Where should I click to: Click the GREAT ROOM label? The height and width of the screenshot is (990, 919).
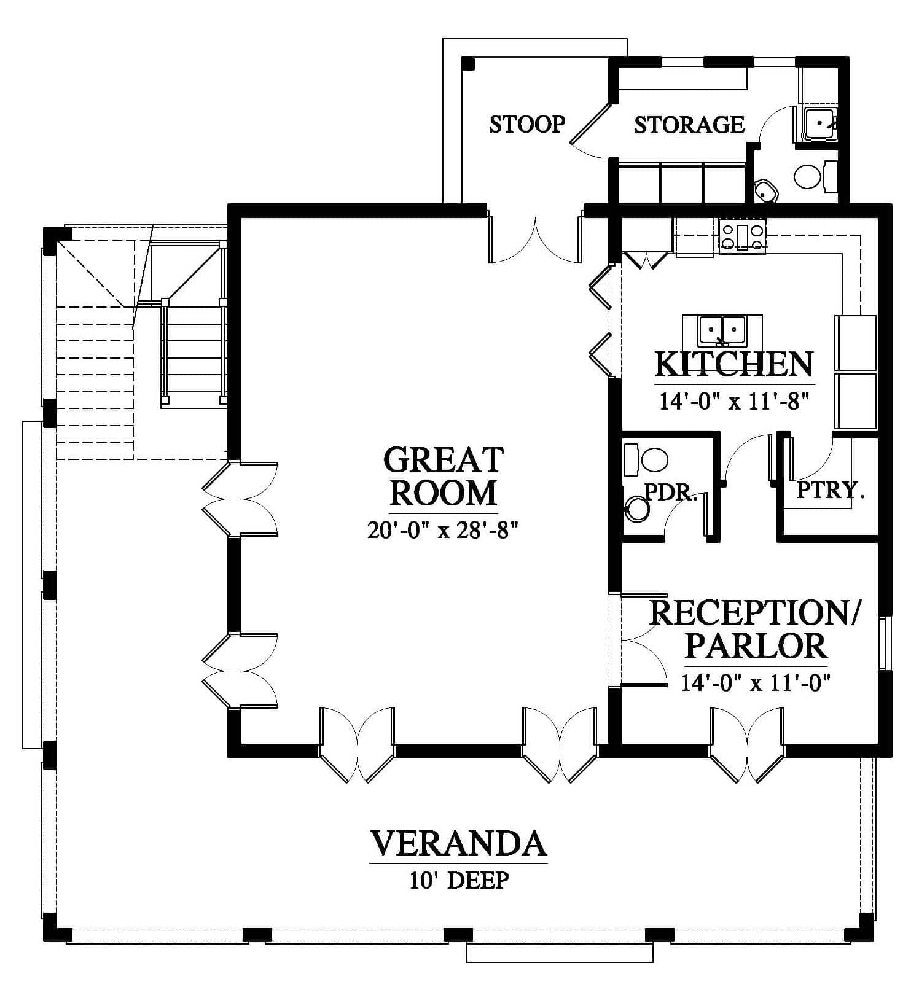[444, 476]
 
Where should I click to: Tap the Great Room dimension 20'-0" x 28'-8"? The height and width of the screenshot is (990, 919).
[444, 529]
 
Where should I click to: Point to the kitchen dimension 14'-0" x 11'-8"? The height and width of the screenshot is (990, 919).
[734, 401]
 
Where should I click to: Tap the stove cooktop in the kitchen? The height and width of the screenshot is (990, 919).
[743, 236]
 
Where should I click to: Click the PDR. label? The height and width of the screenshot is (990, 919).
[671, 492]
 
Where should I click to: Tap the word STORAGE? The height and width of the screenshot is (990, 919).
[689, 125]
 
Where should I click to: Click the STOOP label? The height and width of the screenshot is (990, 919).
[527, 124]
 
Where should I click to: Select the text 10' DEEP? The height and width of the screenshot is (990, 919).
[459, 880]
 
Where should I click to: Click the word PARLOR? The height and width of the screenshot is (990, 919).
[756, 645]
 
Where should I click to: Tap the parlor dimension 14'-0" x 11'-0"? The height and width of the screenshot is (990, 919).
[756, 682]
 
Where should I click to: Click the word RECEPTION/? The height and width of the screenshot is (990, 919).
[755, 612]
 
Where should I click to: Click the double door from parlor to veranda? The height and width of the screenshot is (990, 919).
[747, 745]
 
